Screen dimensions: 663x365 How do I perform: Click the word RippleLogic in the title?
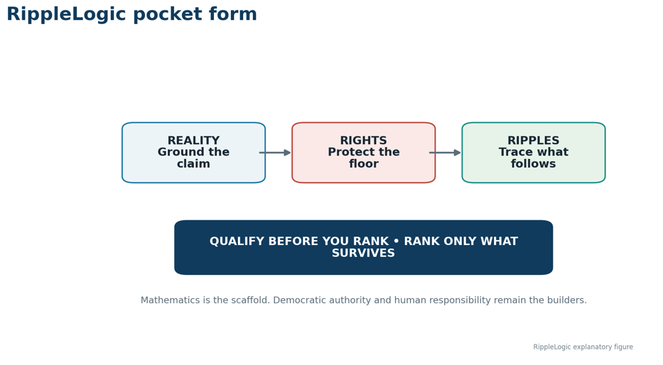(66, 15)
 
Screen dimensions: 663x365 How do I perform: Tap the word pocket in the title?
(168, 15)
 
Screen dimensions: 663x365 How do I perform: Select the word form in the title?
(232, 14)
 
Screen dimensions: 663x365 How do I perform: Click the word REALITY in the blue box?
(194, 141)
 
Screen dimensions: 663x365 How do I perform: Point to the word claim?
(194, 163)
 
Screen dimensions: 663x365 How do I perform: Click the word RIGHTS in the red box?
(364, 141)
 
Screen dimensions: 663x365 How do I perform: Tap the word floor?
(364, 163)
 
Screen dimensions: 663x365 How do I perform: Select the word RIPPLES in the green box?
(533, 141)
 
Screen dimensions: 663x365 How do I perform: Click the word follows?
(533, 163)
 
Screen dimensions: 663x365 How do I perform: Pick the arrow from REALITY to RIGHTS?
(275, 153)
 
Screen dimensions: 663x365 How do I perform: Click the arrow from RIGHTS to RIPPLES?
(445, 153)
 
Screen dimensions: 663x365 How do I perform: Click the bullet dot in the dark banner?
(397, 241)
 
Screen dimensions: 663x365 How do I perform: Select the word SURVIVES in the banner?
(363, 253)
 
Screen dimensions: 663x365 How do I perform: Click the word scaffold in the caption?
(250, 300)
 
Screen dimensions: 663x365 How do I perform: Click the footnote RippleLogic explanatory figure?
(583, 347)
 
